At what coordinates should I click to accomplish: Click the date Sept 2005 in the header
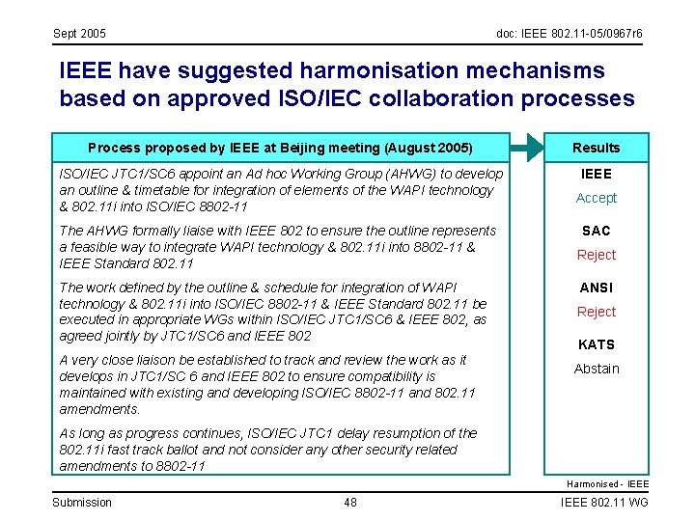(79, 35)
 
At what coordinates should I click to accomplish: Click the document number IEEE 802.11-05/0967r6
(569, 35)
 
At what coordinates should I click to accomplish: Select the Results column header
(596, 148)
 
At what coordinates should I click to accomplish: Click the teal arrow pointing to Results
(527, 148)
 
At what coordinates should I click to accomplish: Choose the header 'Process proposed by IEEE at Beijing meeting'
(280, 148)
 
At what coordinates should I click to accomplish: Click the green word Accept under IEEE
(596, 198)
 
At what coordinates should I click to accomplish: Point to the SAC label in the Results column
(596, 231)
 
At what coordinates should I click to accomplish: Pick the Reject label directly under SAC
(596, 255)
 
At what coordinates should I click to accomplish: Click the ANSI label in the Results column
(596, 288)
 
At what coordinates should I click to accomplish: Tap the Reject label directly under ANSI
(596, 312)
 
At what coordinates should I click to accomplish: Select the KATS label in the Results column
(596, 344)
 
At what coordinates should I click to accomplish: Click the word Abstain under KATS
(596, 369)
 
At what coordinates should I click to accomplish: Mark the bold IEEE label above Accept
(596, 174)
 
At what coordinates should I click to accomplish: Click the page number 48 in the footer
(350, 502)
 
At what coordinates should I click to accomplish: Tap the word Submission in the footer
(81, 502)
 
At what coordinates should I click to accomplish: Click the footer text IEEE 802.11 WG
(605, 502)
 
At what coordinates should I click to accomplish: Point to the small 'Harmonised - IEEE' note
(607, 483)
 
